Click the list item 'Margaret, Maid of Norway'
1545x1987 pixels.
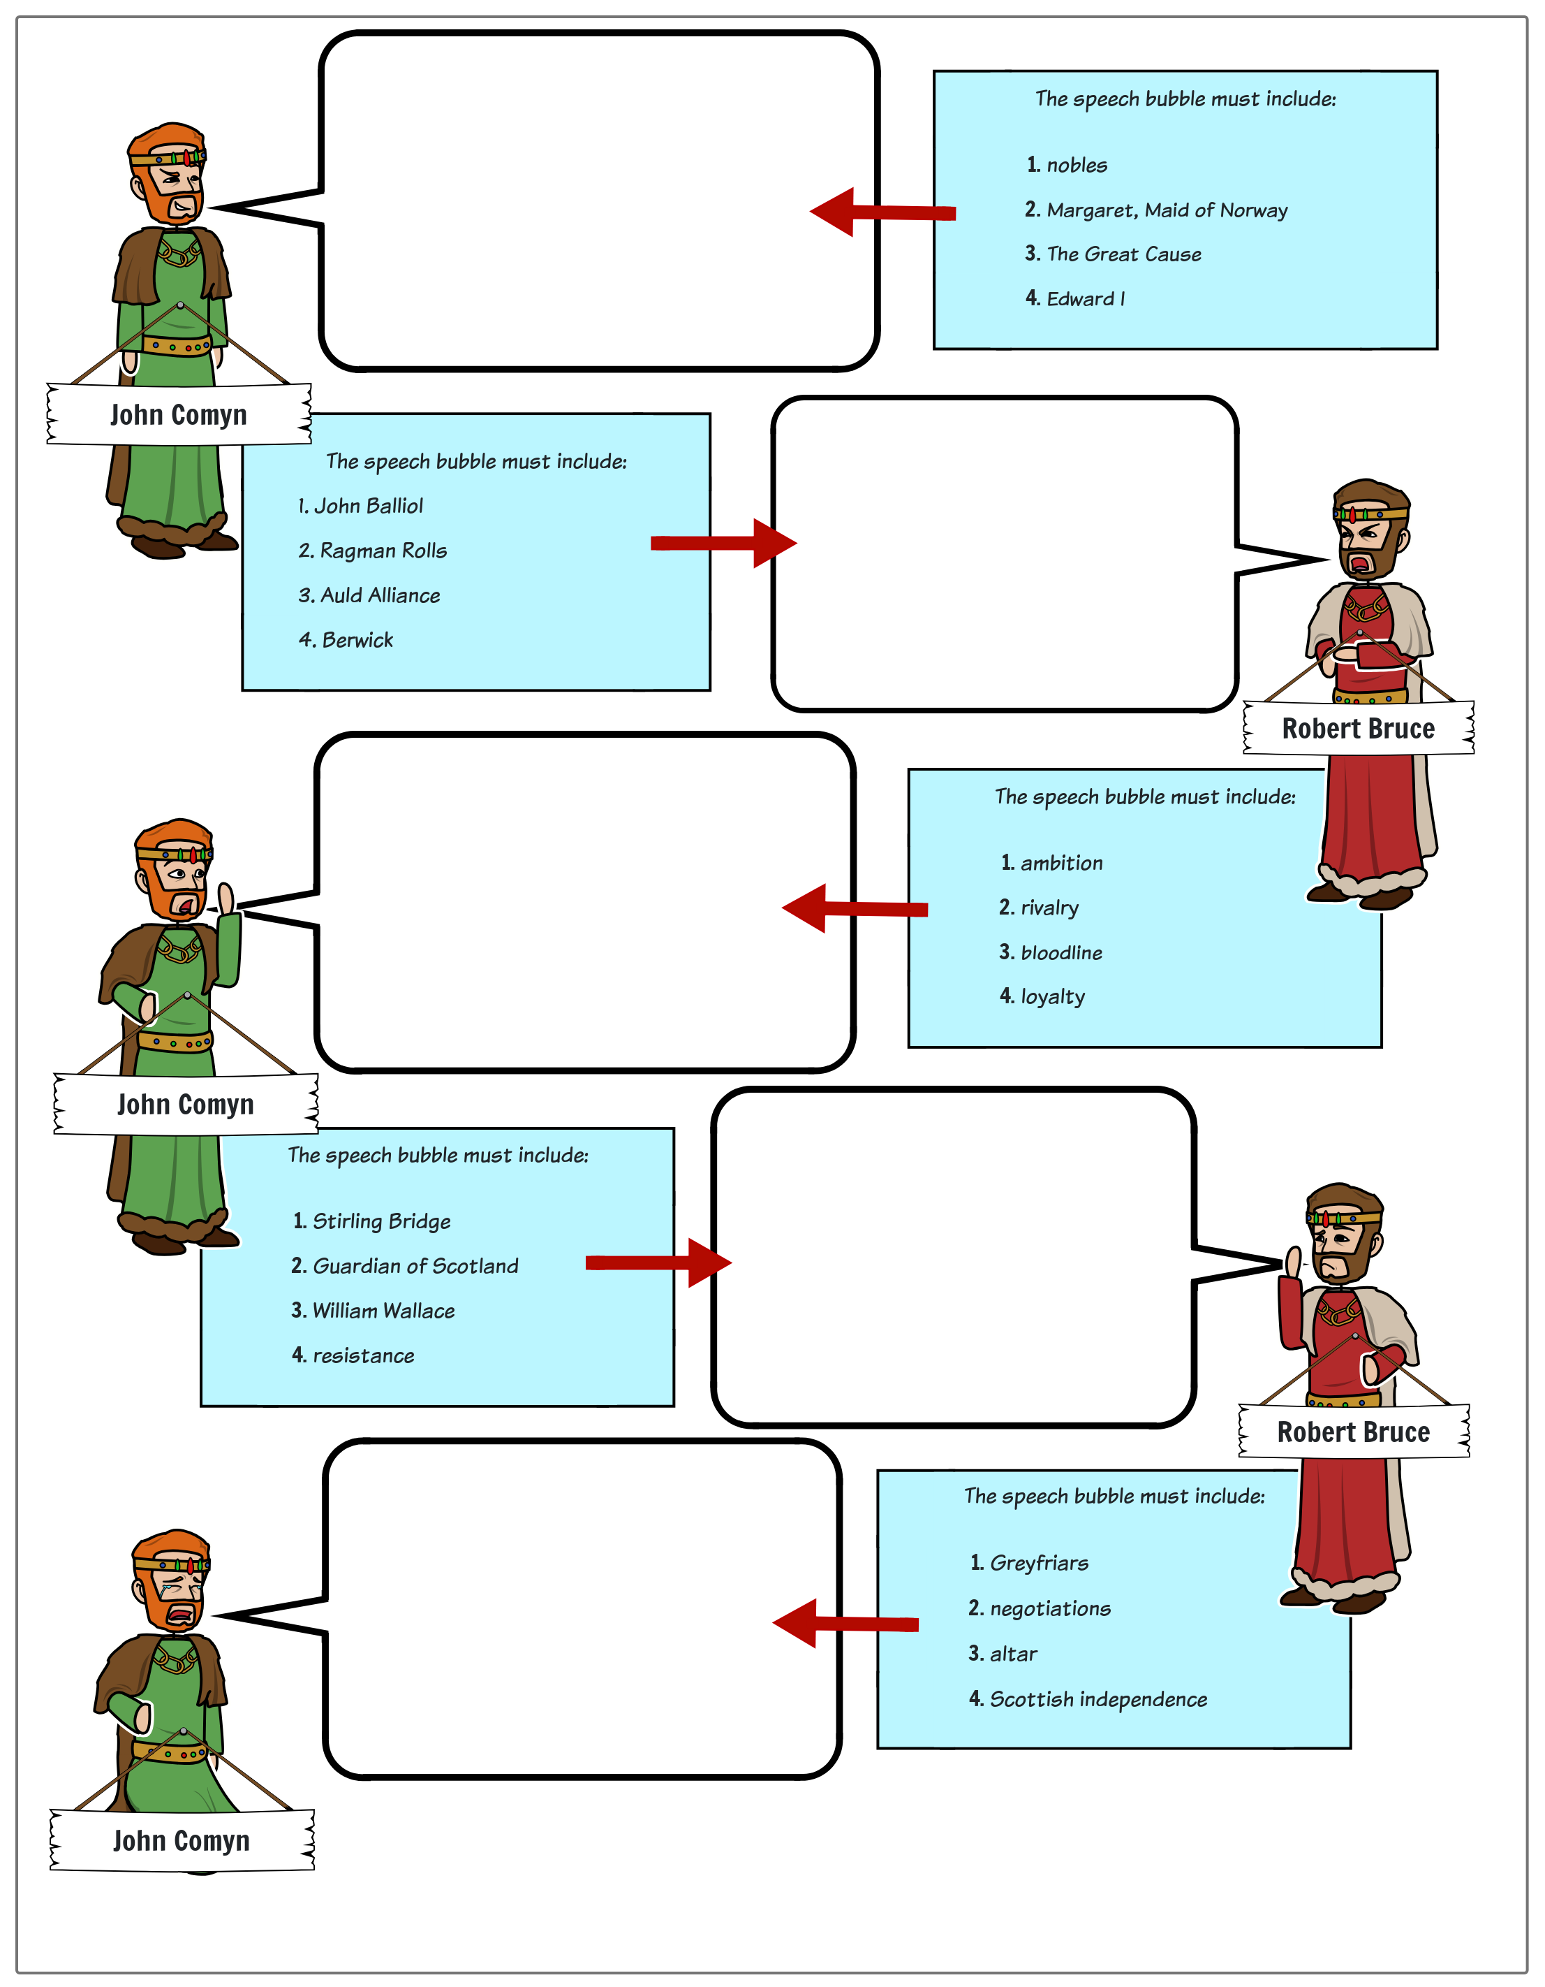(x=1166, y=210)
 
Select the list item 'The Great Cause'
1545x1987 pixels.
(x=1123, y=255)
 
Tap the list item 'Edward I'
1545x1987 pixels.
(x=1085, y=299)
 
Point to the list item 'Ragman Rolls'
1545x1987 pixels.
(x=383, y=551)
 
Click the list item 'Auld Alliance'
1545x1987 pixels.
(x=379, y=595)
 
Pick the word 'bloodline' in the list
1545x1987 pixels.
(x=1060, y=952)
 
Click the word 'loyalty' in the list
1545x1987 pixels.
(x=1052, y=997)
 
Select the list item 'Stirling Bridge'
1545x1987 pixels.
(x=381, y=1221)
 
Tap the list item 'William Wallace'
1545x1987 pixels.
(x=383, y=1311)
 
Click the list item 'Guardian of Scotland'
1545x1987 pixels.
(x=415, y=1267)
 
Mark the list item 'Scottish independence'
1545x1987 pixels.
(x=1097, y=1700)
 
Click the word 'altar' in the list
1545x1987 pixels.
(x=1013, y=1654)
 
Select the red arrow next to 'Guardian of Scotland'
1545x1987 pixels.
(x=658, y=1262)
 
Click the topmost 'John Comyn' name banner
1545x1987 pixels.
(x=179, y=415)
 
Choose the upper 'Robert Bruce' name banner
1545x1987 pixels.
(x=1358, y=729)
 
